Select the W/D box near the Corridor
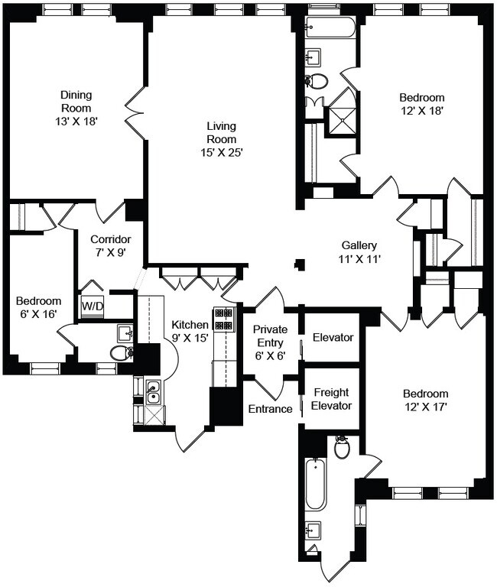tap(92, 306)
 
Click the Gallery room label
tap(359, 245)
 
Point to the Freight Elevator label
tap(331, 399)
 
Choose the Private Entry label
tap(271, 336)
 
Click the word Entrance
tap(270, 409)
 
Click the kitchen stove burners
tap(223, 319)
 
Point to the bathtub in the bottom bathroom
tap(316, 484)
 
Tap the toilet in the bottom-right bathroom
tap(342, 446)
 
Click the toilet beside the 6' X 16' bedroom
tap(121, 352)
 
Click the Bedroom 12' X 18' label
tap(421, 104)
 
